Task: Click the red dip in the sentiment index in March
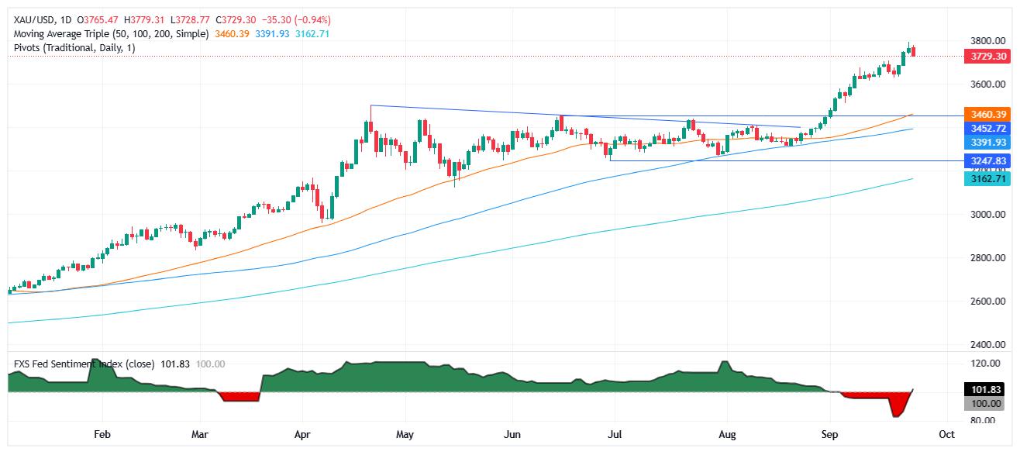click(237, 396)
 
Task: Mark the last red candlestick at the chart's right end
click(914, 51)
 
